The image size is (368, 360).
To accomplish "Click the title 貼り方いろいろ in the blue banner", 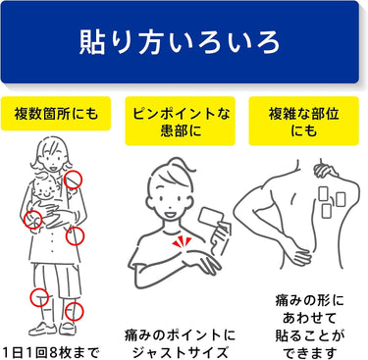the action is point(180,42).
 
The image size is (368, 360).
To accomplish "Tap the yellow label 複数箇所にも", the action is point(56,114).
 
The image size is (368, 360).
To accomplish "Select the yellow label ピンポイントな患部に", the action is point(181,121).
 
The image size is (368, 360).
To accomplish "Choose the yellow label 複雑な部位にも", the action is point(304,121).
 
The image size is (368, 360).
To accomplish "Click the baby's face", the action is point(45,187).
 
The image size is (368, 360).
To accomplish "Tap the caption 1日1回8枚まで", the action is point(49,353).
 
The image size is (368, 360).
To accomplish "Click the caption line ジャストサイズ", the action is point(180,353).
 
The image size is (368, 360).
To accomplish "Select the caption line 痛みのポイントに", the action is point(180,335).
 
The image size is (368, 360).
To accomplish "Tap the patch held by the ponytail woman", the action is point(211,217).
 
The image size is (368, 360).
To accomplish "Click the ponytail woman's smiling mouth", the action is point(171,215).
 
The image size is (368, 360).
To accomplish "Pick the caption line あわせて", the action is point(309,318).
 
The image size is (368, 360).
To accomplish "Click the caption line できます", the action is point(309,353).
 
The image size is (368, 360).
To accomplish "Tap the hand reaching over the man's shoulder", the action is point(325,170).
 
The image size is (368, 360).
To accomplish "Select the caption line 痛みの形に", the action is point(309,300).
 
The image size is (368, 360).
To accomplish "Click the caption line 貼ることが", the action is point(309,335).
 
